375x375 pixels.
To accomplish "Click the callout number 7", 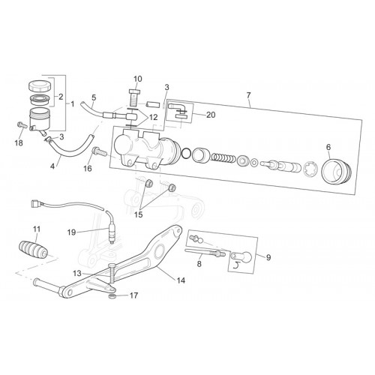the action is pos(248,95).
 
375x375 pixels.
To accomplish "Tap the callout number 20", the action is pos(211,115).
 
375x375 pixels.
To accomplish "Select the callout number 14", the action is pos(181,280).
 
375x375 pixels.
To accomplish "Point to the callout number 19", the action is pos(71,232).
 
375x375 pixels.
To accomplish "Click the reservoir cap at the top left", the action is pos(40,85).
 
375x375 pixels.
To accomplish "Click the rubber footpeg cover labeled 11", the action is pos(33,250).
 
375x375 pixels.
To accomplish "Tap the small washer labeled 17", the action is pos(112,296).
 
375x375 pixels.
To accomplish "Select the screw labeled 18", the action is pos(22,124).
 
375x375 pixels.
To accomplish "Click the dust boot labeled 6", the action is pos(336,172).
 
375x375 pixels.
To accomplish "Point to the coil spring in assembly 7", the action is pos(223,157).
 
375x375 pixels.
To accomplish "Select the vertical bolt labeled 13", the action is pos(112,274).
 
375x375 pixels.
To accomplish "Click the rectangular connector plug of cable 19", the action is pos(36,204).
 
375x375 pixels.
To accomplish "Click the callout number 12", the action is pos(154,117).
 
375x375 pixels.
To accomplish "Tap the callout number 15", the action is pos(138,214).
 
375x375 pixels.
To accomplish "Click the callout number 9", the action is pos(268,257).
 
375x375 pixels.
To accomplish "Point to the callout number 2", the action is pos(61,97).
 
